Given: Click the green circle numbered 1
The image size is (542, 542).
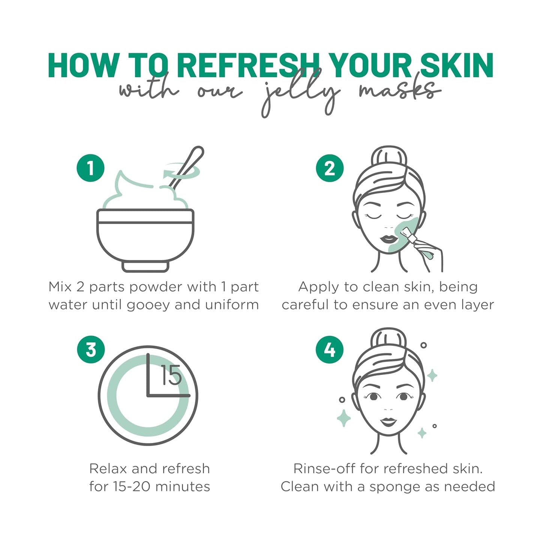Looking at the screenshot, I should pos(90,168).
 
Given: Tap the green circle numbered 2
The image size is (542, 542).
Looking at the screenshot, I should pos(330,168).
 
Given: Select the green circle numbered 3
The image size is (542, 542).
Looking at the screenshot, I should pos(91,350).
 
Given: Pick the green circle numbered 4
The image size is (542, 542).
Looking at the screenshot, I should pos(330,350).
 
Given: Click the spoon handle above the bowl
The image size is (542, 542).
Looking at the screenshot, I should pos(188,165).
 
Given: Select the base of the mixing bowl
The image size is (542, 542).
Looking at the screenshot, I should pos(145,266).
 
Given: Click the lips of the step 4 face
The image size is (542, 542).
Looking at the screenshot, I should pos(388,422).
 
